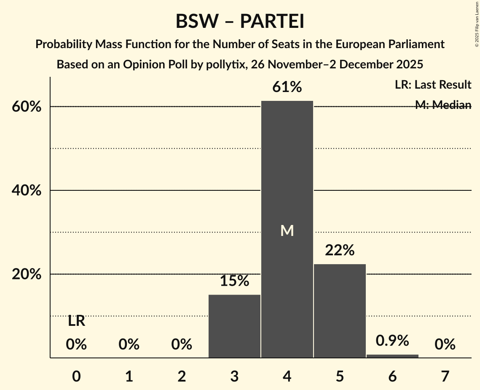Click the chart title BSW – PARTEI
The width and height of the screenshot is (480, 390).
(240, 22)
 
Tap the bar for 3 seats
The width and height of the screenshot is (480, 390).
(234, 326)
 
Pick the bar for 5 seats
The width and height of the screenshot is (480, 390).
(340, 311)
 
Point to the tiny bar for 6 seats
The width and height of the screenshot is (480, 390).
(392, 356)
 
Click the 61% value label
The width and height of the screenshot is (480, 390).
(287, 87)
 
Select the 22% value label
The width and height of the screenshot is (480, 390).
(340, 250)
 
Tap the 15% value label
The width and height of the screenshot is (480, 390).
(234, 281)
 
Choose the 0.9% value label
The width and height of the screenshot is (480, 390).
(392, 341)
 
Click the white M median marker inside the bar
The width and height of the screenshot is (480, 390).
(287, 230)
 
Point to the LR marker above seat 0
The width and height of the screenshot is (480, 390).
(76, 322)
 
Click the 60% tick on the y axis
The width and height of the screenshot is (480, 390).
(27, 107)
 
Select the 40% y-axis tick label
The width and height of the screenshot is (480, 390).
(27, 191)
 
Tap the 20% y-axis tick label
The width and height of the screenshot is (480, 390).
(27, 274)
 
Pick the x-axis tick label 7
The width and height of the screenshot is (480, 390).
(445, 376)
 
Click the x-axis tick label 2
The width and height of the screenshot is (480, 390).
(182, 376)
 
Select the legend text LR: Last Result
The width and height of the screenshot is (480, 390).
(433, 85)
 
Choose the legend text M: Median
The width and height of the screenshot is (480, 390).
(443, 105)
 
